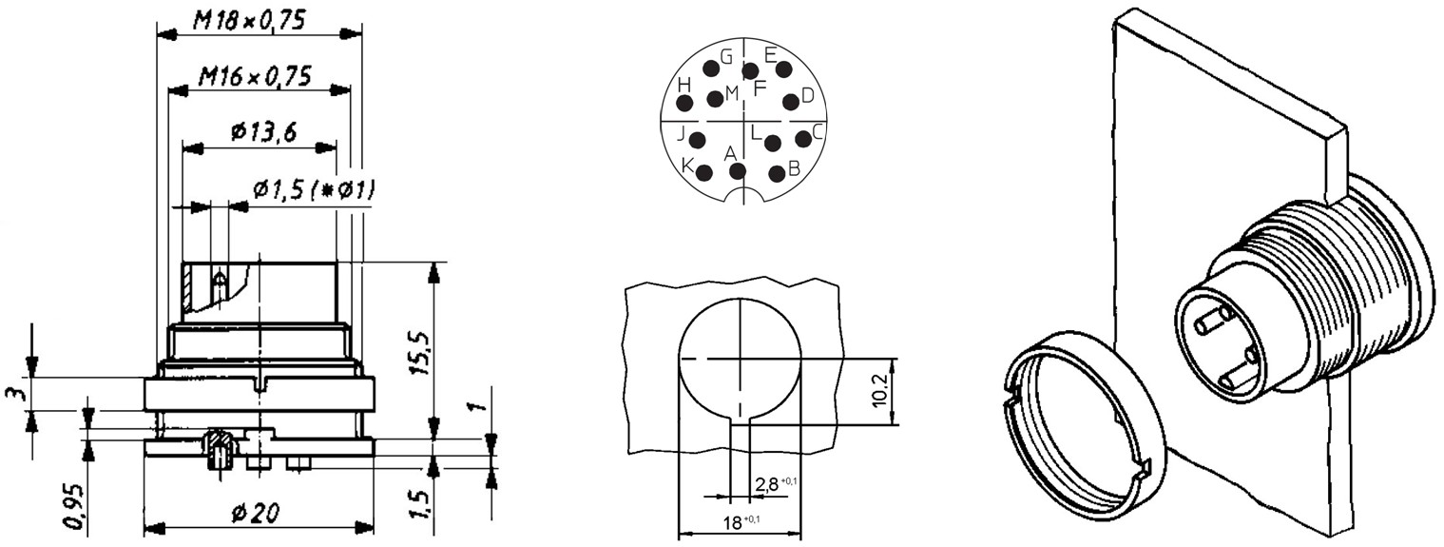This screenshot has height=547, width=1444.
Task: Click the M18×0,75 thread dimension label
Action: [x=249, y=22]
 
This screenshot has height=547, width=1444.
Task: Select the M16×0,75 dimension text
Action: [x=255, y=77]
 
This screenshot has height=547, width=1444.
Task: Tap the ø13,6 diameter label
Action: [x=263, y=133]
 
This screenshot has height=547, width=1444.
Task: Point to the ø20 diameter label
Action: [x=256, y=514]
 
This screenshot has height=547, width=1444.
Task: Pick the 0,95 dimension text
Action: [x=75, y=506]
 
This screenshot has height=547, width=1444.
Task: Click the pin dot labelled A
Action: [x=738, y=171]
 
